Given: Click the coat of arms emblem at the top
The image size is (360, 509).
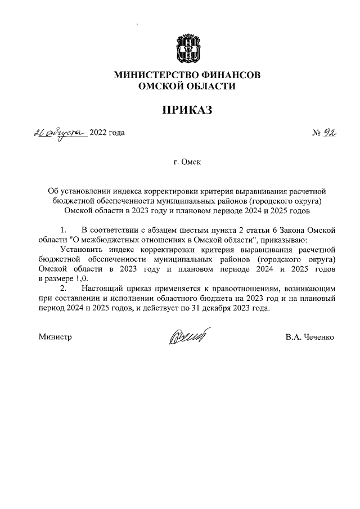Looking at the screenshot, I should [186, 49].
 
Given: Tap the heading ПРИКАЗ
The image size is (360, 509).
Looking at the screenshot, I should [187, 110].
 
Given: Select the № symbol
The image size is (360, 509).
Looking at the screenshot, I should [316, 133].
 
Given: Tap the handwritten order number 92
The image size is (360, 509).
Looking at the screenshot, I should [330, 133].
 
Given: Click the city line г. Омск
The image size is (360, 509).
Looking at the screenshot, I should [187, 163].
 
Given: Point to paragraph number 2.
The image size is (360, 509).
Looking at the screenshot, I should [63, 288].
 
